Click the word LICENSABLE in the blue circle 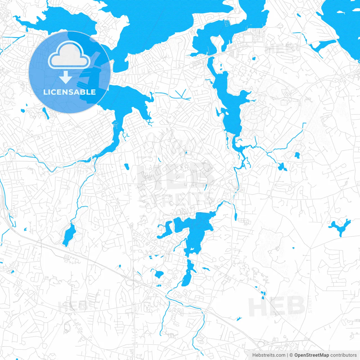click(x=69, y=92)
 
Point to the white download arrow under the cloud click(x=66, y=77)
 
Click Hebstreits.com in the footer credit click(x=269, y=355)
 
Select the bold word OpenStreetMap click(x=312, y=355)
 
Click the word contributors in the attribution click(x=343, y=355)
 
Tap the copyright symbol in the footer click(x=291, y=355)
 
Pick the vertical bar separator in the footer click(x=288, y=355)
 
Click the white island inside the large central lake click(x=192, y=249)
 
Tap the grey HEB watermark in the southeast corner click(x=277, y=306)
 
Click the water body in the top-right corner click(x=343, y=22)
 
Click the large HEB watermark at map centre click(x=176, y=176)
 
